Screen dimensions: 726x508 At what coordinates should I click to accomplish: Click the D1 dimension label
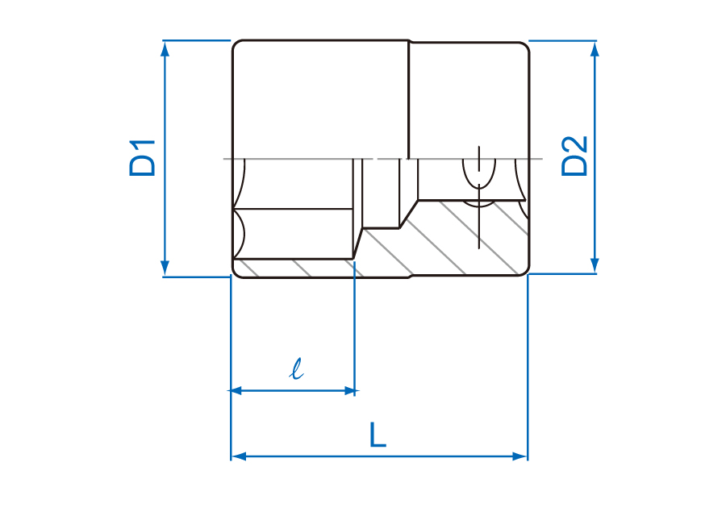(142, 158)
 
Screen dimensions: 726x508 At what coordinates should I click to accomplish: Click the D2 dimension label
(574, 156)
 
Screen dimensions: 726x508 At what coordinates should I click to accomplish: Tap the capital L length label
(378, 435)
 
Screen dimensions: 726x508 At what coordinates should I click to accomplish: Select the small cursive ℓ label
(296, 369)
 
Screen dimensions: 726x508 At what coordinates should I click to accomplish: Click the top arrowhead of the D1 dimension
(165, 48)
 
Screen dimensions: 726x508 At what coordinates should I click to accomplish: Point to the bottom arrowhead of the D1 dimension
(165, 269)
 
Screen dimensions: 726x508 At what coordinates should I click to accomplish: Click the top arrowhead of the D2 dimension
(595, 48)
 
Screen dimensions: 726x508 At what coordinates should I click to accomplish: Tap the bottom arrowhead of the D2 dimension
(595, 265)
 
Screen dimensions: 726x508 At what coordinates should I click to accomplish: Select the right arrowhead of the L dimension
(520, 456)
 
